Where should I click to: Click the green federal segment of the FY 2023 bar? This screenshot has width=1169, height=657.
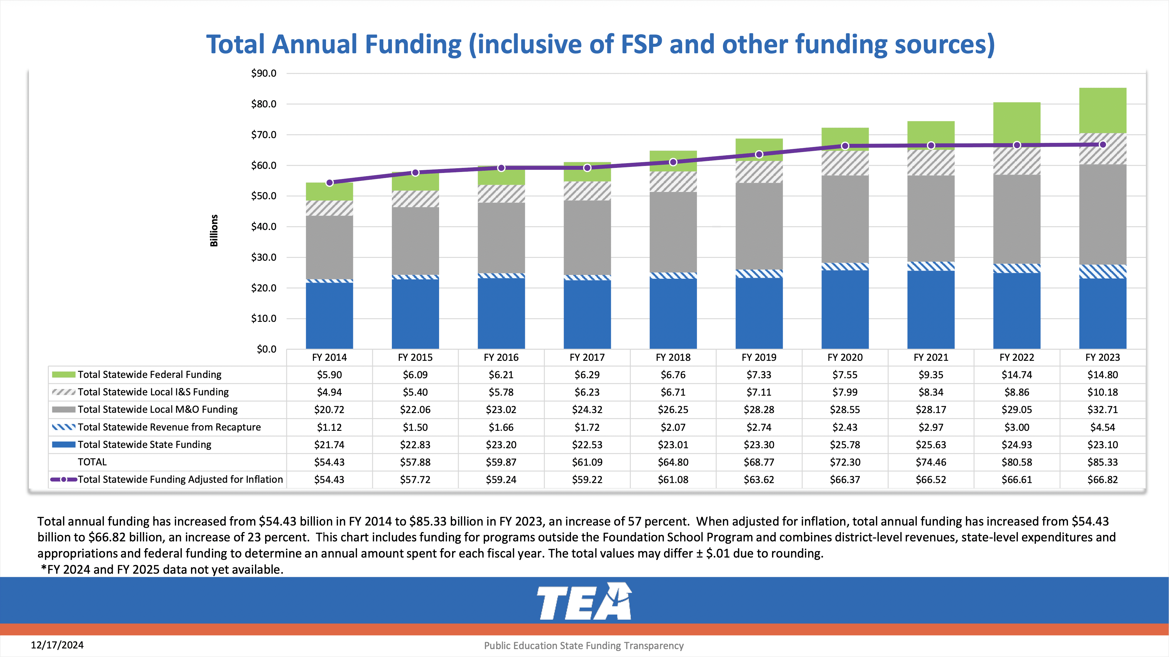point(1102,110)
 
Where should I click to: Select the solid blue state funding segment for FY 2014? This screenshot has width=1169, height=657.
point(329,315)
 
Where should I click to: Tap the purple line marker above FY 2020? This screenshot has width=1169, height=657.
point(845,146)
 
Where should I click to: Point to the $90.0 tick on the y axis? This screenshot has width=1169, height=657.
point(264,73)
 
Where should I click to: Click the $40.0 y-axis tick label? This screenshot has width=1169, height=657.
point(264,226)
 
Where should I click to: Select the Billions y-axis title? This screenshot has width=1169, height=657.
point(214,231)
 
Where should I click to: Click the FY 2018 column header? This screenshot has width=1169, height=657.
point(673,358)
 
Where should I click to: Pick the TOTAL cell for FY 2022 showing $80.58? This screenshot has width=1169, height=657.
point(1017,462)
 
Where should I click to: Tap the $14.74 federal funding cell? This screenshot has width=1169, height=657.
point(1017,375)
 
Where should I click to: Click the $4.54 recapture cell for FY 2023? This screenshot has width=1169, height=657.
point(1102,427)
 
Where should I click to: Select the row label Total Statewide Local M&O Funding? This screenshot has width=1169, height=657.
point(157,409)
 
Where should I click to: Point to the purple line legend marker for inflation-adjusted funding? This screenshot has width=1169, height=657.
point(64,480)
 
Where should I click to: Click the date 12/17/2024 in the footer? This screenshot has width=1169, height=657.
point(57,645)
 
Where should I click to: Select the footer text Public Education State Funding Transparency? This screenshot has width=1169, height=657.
point(584,646)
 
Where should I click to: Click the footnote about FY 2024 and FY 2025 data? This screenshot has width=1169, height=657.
point(163,570)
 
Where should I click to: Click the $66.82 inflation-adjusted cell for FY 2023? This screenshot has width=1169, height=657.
point(1102,480)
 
